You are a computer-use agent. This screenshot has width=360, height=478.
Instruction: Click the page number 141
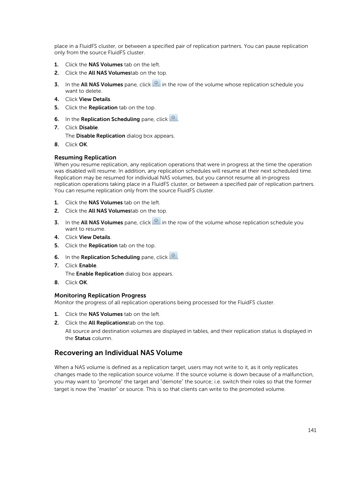click(312, 430)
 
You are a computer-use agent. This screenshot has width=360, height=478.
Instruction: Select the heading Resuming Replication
click(85, 158)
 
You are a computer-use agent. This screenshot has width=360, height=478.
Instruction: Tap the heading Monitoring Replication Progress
click(100, 296)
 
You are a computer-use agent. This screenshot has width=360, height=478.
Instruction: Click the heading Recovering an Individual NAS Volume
click(118, 353)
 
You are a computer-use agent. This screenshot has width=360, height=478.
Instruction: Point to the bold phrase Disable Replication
click(100, 136)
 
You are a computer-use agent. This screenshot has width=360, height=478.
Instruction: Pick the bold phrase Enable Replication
click(100, 274)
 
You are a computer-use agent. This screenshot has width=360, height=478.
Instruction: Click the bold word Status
click(82, 339)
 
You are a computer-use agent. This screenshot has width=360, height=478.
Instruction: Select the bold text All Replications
click(108, 323)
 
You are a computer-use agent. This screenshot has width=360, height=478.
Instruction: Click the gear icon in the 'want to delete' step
click(156, 84)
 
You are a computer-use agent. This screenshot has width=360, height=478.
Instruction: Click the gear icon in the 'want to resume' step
click(156, 222)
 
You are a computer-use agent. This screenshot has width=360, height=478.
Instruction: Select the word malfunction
click(298, 375)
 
